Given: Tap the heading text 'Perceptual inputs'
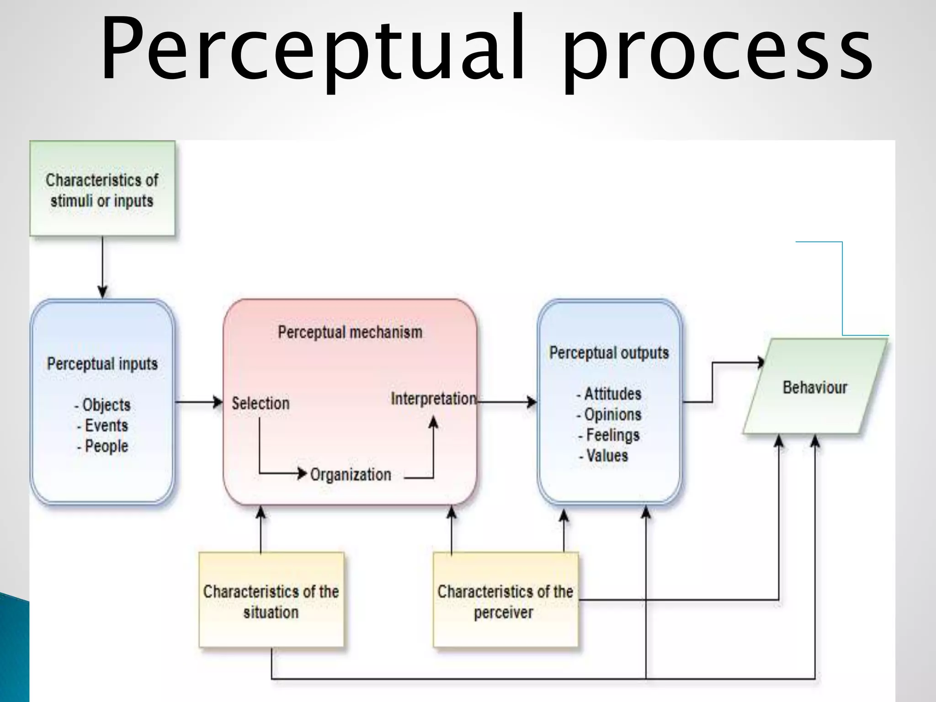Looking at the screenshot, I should coord(102,364).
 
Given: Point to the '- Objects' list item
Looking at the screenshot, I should coord(103,405).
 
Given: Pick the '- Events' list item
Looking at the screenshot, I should coord(103,425).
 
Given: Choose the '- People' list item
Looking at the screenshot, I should coord(103,446).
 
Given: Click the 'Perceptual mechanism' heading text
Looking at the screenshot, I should coord(350,332).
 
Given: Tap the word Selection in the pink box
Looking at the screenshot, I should coord(261,403).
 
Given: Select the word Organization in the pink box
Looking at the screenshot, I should coord(351,474).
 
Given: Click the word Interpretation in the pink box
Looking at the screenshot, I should coord(433,399).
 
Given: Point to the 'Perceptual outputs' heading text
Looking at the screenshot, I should coord(609,353).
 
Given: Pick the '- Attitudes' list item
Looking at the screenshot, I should coord(609,394).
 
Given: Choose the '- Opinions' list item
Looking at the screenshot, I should coord(609,415).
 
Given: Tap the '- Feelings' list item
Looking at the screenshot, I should coord(609,435).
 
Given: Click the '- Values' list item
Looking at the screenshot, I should coord(604,456).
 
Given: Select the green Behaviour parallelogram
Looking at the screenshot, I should coord(815,387).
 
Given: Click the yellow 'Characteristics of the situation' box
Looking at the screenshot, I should coord(271,601).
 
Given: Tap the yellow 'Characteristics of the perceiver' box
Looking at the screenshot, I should coord(505,601).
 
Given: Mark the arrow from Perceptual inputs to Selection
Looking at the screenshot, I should coord(199,402).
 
